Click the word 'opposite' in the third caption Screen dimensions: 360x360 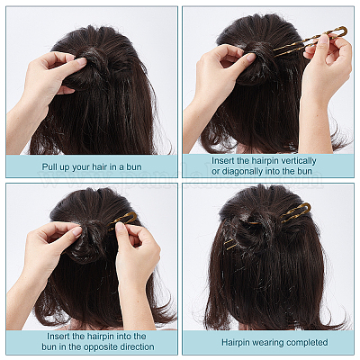pos(101,346)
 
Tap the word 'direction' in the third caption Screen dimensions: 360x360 pos(137,346)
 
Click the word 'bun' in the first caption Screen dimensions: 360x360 pos(133,166)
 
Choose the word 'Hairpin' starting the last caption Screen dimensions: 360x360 pos(236,342)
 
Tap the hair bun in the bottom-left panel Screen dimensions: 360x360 pos(90,240)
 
